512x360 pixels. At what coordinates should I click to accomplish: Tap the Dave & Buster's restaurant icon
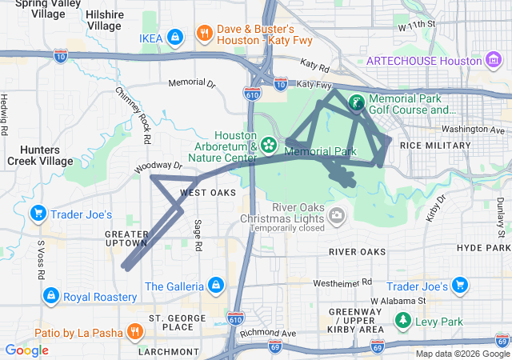tap(205, 33)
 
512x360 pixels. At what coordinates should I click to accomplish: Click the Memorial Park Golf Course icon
tap(356, 102)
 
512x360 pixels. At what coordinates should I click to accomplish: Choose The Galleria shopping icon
tap(215, 285)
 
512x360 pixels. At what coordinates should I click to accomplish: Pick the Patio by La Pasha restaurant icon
tap(134, 331)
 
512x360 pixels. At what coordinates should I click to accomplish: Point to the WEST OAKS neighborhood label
tap(207, 193)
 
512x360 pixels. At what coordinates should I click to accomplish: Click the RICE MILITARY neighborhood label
tap(435, 146)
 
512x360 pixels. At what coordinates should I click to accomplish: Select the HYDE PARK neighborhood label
tap(483, 248)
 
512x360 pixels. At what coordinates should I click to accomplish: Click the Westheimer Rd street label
tap(342, 282)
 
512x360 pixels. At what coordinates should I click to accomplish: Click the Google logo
tap(27, 350)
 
